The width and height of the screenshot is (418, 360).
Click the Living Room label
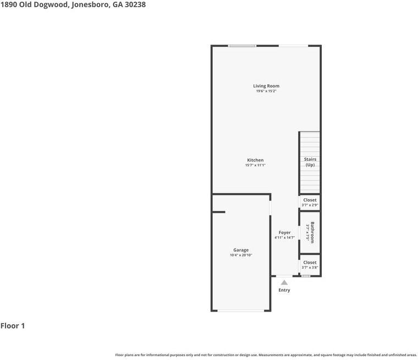[x=266, y=86]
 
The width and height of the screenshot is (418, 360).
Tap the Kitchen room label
[x=255, y=160]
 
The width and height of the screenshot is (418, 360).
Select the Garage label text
[x=241, y=250]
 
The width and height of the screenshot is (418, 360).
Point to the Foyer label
[x=284, y=232]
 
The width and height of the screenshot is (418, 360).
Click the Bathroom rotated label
[x=312, y=232]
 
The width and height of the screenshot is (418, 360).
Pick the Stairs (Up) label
[x=310, y=162]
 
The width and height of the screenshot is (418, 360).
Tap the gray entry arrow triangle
[x=284, y=282]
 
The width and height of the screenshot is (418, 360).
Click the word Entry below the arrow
[x=284, y=290]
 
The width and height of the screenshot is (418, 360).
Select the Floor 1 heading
[x=13, y=326]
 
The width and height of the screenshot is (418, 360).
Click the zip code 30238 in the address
[x=135, y=4]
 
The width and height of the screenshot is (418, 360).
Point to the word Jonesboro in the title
[x=90, y=5]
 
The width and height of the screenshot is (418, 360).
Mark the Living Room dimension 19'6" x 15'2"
[x=266, y=91]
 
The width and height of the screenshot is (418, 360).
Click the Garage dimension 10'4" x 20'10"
[x=241, y=255]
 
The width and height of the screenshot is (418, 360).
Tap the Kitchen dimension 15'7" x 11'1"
[x=255, y=165]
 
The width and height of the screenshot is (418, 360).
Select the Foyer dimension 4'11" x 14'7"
[x=284, y=237]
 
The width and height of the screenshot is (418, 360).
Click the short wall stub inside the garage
[x=218, y=212]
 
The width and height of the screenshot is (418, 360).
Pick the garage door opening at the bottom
[x=241, y=310]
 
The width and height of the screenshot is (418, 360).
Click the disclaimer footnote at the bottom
[x=266, y=355]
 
